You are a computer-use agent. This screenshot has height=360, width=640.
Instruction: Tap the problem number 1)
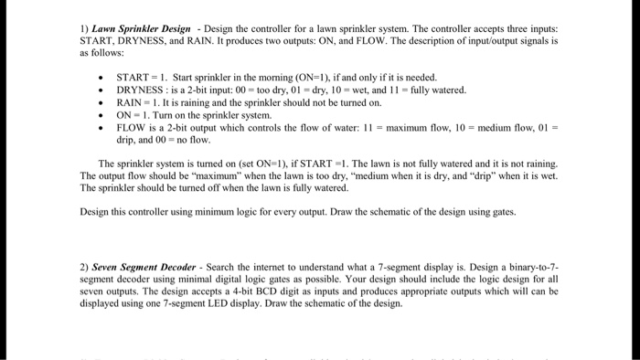(84, 28)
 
